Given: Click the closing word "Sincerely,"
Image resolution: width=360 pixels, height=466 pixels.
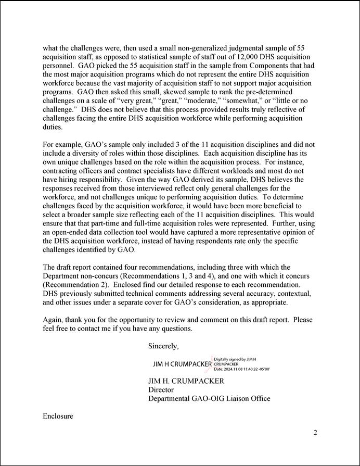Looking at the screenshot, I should click(x=163, y=346).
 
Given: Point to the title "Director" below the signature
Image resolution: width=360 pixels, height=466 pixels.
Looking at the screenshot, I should click(x=161, y=390).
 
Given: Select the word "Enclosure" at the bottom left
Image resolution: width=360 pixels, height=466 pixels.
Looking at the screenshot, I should click(x=58, y=417).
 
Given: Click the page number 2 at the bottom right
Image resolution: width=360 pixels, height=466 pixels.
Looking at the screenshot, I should click(x=315, y=433).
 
